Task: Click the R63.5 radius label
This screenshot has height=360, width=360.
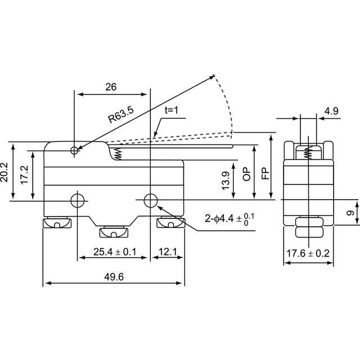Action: point(121,114)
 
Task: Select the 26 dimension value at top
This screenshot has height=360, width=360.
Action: point(111,87)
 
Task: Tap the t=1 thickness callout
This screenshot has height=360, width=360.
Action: point(171,110)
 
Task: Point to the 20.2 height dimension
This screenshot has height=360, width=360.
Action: point(4,172)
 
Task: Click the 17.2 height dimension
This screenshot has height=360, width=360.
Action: point(24,174)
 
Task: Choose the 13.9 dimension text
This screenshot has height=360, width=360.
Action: point(226,181)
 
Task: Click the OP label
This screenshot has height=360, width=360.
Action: point(246,174)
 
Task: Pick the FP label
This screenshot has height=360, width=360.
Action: point(265,173)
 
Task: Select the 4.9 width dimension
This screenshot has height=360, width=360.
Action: point(331,111)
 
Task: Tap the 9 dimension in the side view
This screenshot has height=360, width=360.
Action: point(350,213)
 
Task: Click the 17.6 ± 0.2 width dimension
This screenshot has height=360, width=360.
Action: point(308,254)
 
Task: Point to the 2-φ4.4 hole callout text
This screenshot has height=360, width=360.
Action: point(229,219)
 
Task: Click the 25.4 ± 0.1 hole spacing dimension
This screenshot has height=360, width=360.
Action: point(115,252)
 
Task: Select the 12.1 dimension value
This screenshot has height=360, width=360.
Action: point(168,252)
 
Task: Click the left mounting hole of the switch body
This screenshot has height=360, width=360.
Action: point(78,200)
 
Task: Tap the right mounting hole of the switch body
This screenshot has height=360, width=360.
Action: point(150,200)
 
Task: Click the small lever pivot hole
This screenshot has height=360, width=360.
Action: point(74,151)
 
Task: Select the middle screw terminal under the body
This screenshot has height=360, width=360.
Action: point(114,232)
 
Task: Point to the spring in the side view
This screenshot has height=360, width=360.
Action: point(308,152)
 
